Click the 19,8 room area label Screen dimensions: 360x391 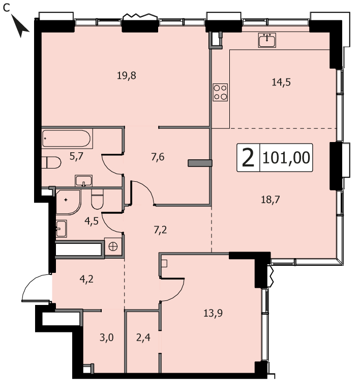click(127, 75)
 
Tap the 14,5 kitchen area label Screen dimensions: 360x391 click(281, 82)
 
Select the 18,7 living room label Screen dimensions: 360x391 click(271, 200)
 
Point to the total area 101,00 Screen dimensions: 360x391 click(286, 158)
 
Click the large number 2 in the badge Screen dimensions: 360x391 click(248, 158)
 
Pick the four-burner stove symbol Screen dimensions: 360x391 click(220, 92)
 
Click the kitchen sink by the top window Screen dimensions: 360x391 click(267, 40)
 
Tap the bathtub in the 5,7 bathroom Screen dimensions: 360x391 click(67, 138)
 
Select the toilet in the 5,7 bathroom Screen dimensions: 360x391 click(51, 162)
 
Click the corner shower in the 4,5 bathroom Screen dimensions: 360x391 click(68, 202)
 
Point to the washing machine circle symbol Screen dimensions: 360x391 click(113, 246)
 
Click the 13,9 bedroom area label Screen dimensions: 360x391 click(213, 313)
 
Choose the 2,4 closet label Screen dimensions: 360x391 click(143, 338)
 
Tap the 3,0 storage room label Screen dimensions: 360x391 click(107, 338)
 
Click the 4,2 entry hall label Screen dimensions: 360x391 click(86, 279)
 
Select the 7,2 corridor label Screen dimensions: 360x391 click(160, 230)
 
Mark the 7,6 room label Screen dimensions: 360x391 click(158, 157)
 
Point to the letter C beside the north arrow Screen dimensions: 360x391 click(7, 9)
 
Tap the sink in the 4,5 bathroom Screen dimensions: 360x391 click(61, 229)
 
